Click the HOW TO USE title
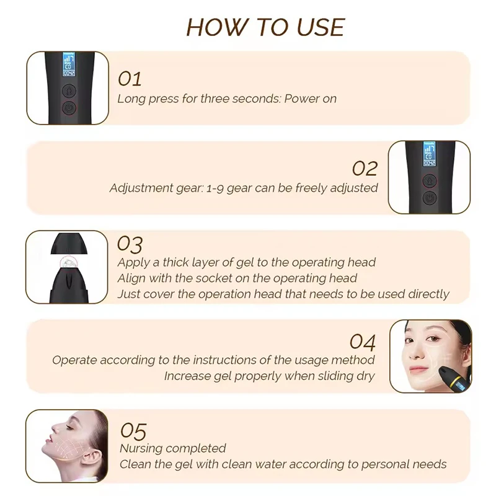coord(265,27)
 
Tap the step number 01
coord(130,79)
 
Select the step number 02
coord(365,168)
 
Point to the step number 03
coord(130,244)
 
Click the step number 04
coord(363,342)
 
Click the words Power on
coord(310,99)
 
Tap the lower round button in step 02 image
coord(428,198)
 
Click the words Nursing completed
coord(172,448)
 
